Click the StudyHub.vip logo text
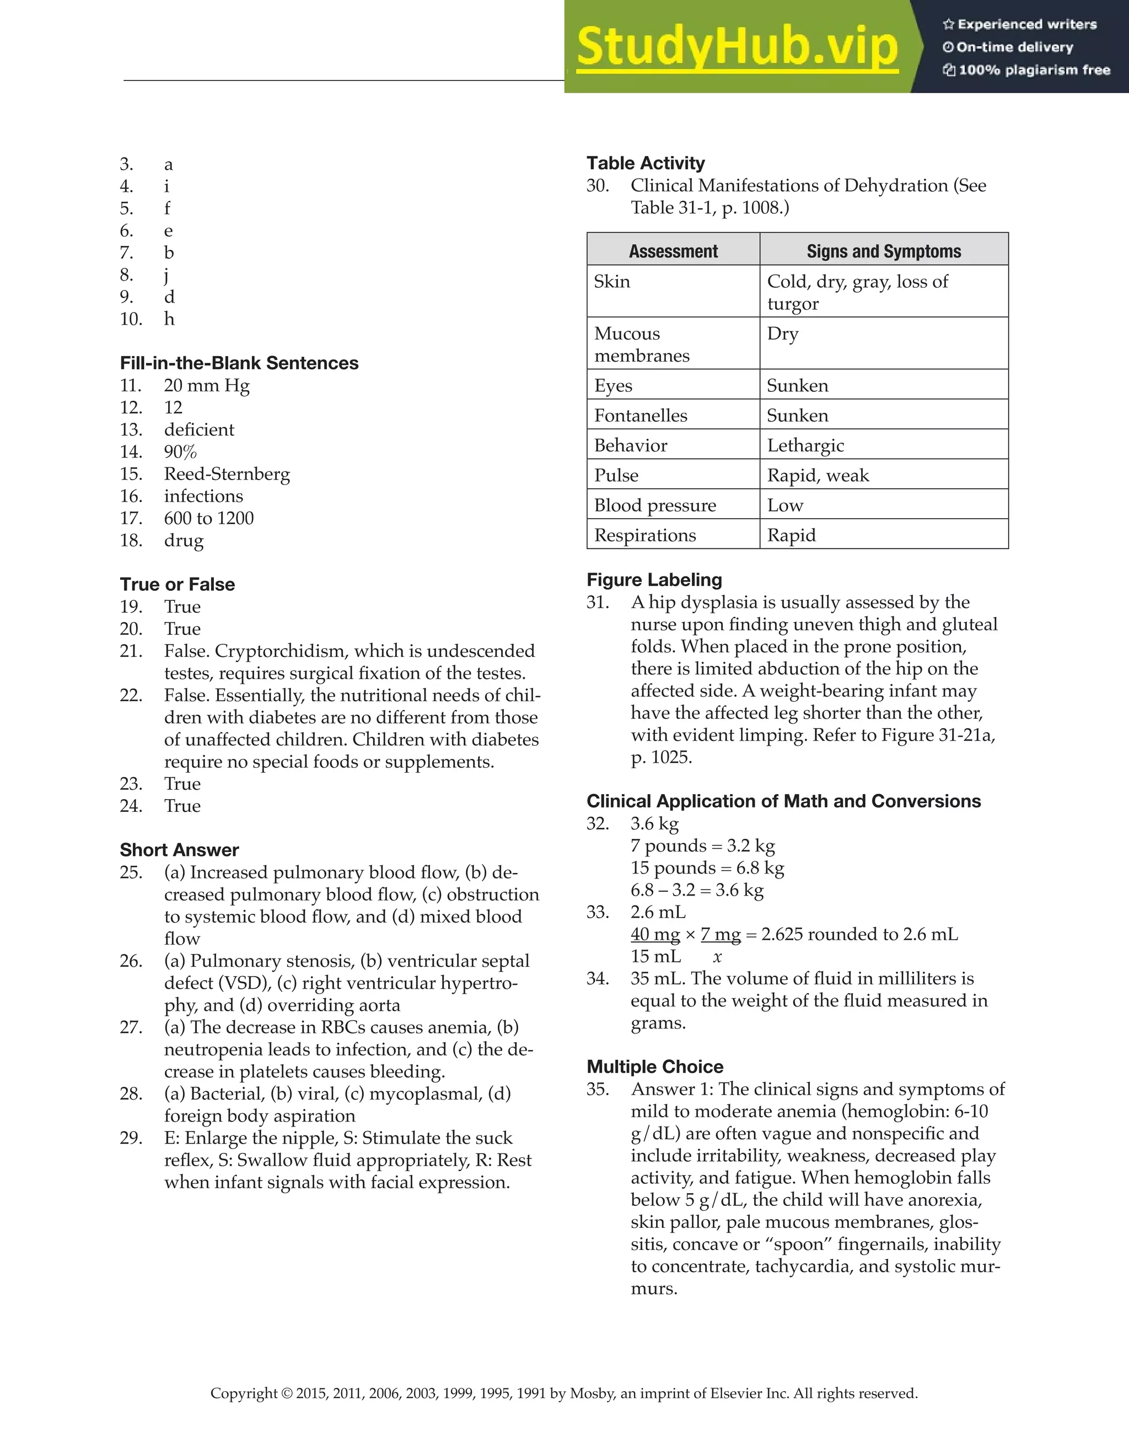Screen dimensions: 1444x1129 point(737,46)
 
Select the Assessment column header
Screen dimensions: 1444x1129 point(673,251)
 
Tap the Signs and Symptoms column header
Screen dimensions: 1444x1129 point(884,251)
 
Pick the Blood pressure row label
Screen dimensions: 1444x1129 point(655,505)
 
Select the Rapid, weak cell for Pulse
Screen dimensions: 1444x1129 point(818,476)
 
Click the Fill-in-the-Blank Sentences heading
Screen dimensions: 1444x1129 point(239,363)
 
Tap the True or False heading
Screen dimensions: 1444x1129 point(178,584)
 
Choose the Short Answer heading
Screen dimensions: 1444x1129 point(179,850)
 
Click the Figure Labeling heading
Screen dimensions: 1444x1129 point(654,580)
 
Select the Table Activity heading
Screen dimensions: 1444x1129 point(646,163)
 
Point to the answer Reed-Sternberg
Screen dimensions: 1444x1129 point(227,474)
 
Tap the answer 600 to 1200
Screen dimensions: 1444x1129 point(208,519)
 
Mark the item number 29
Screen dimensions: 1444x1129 point(131,1138)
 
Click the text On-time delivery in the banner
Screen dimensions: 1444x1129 point(1014,47)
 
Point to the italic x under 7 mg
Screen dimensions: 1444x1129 point(717,957)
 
